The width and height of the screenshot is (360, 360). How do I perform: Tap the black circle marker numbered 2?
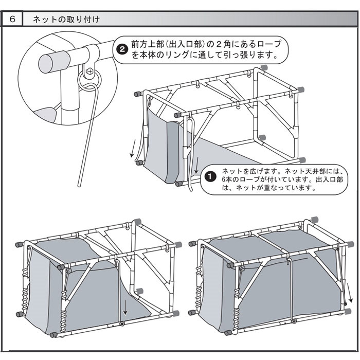[122, 49]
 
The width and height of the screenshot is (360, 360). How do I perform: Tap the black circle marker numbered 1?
[209, 176]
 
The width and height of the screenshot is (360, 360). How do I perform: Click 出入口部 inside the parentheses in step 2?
[181, 44]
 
